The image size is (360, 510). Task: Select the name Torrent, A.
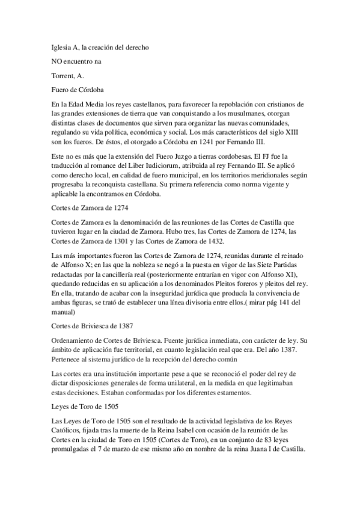pyautogui.click(x=67, y=76)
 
